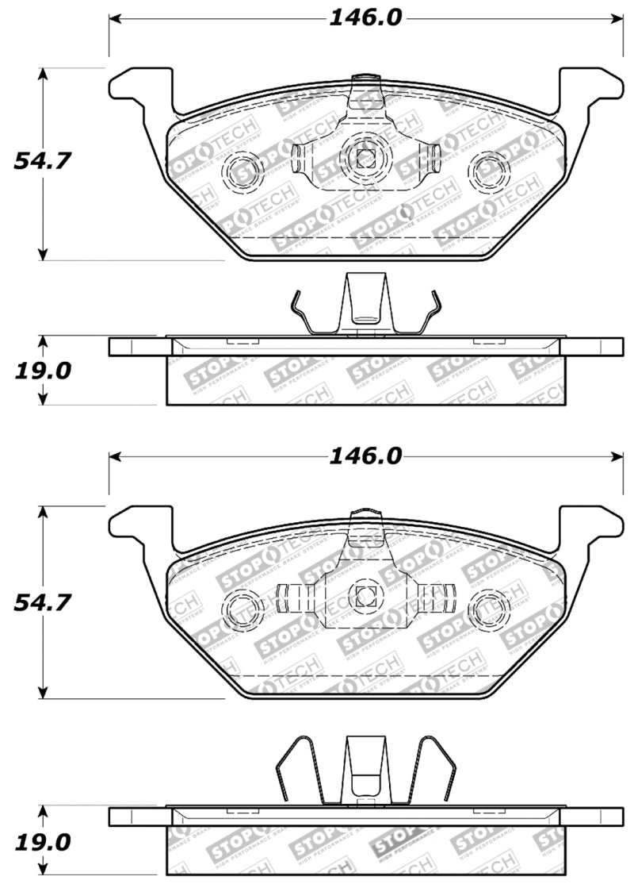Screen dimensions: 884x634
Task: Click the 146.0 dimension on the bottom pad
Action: pyautogui.click(x=365, y=456)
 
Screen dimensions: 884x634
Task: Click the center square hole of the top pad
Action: pyautogui.click(x=365, y=157)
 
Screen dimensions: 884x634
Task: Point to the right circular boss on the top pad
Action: pyautogui.click(x=490, y=167)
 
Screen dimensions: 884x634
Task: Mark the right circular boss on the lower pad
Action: pyautogui.click(x=490, y=608)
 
